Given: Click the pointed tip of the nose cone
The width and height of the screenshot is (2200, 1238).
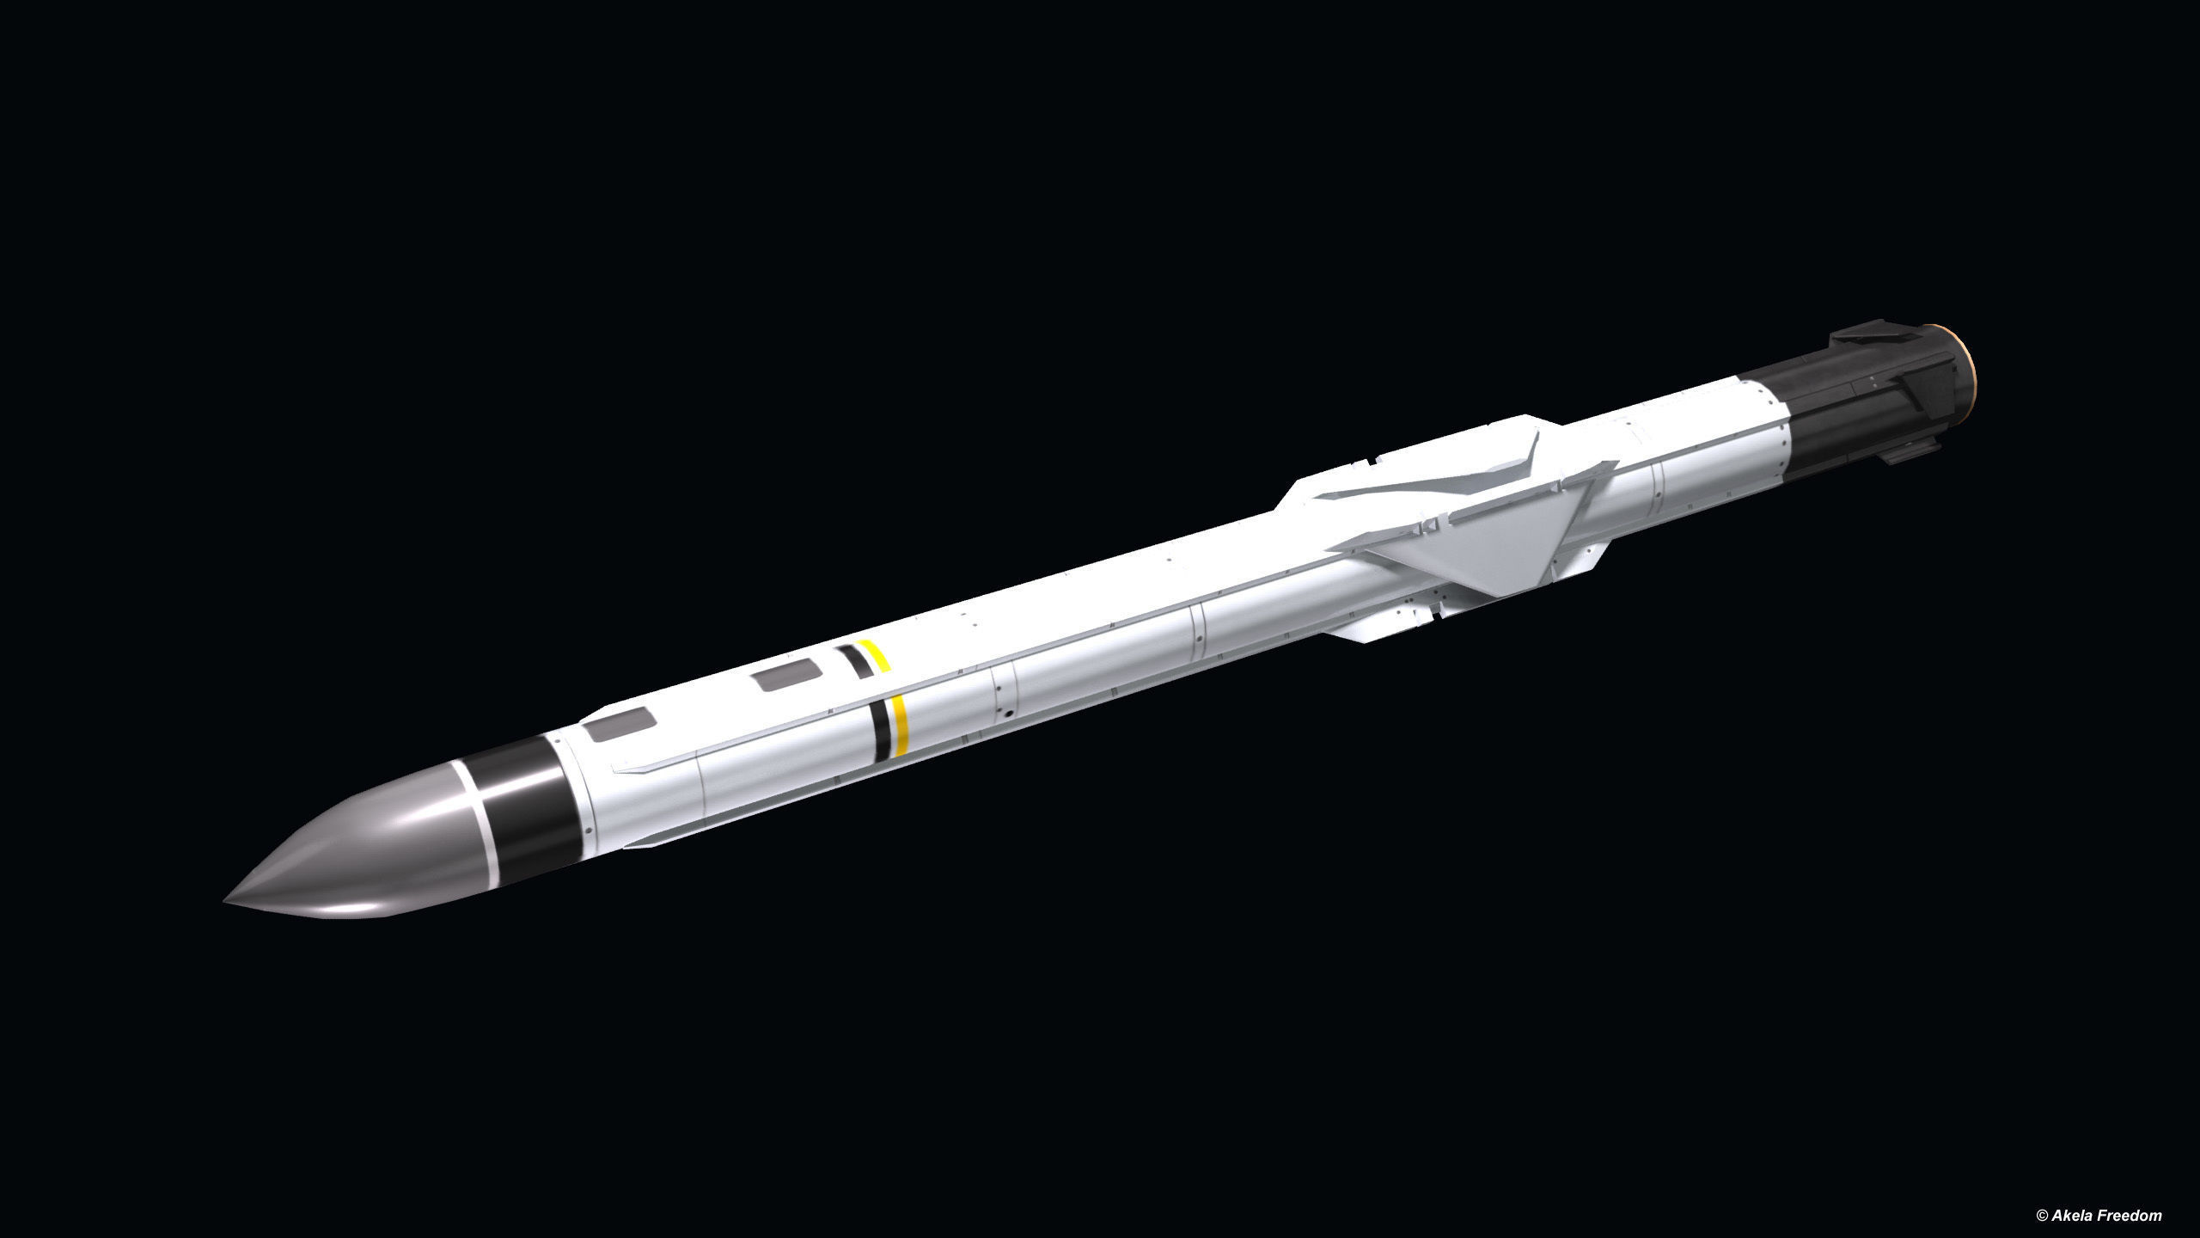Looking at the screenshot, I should (226, 901).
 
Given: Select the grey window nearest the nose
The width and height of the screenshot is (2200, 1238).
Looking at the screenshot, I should (619, 711).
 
